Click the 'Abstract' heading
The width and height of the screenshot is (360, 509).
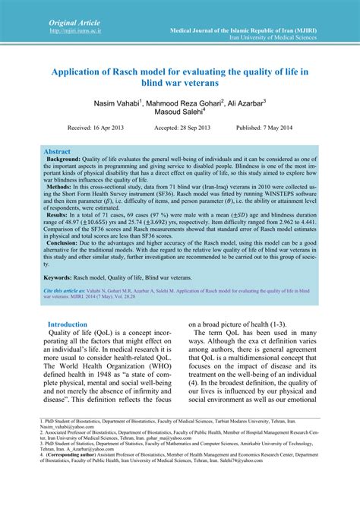pos(57,152)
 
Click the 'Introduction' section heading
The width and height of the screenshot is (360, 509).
pos(68,324)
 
